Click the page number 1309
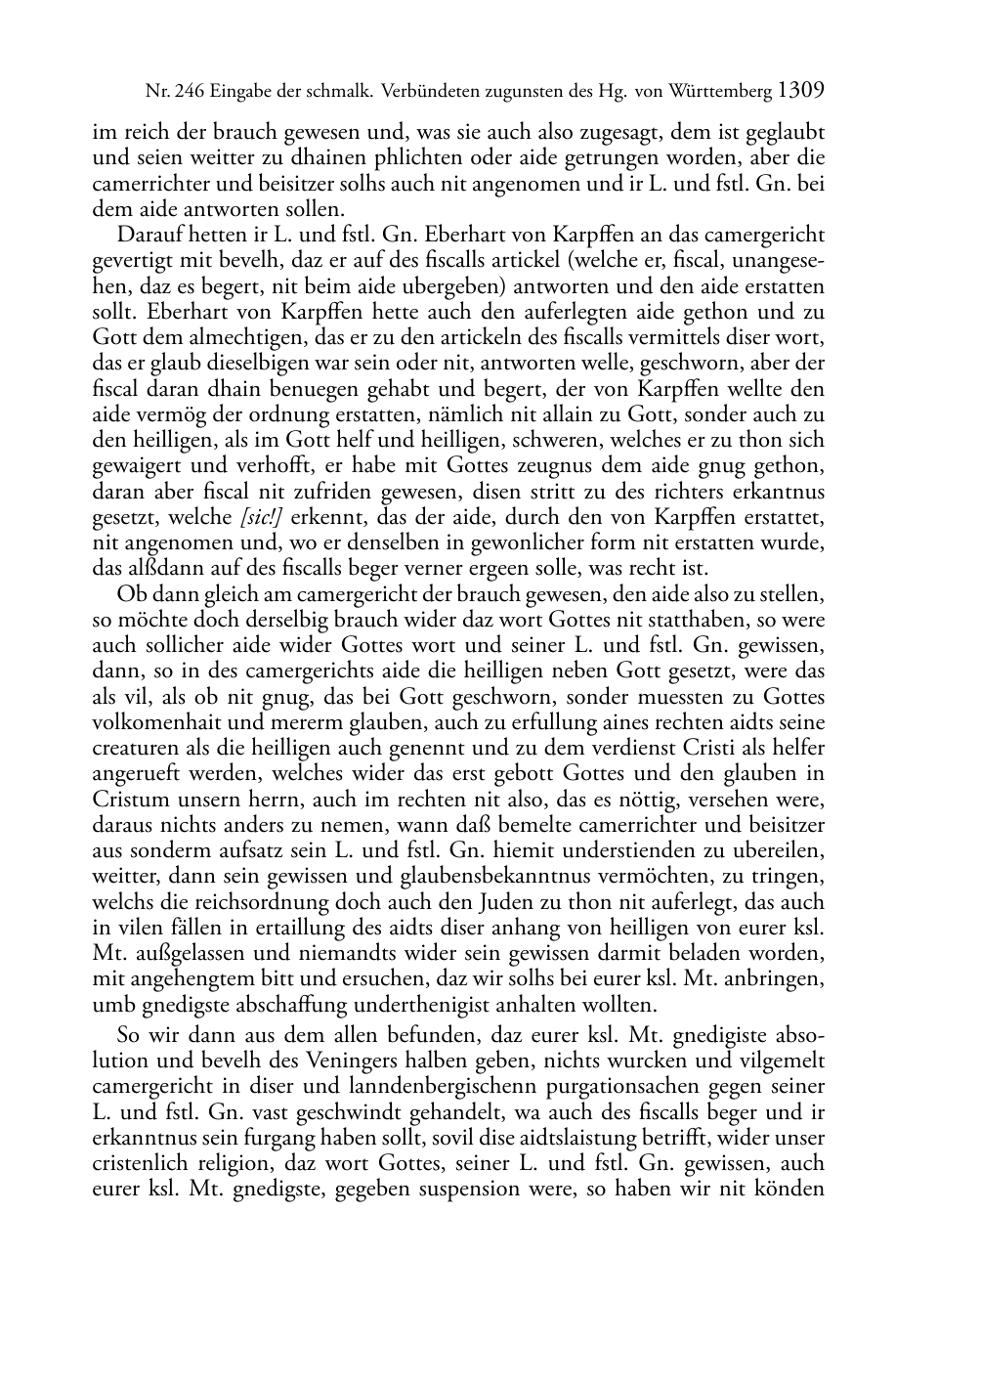click(802, 91)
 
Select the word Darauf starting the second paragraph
click(149, 236)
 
